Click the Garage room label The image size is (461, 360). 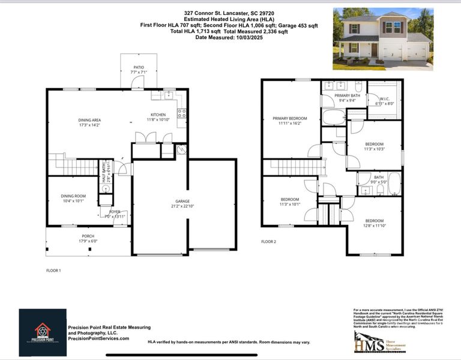(182, 202)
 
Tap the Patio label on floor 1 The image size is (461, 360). (139, 68)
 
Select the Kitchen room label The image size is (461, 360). (158, 115)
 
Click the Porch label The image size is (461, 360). (88, 236)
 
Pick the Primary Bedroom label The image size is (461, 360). (289, 119)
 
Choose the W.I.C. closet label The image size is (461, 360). (384, 98)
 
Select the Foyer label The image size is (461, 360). (114, 212)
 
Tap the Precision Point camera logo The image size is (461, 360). (42, 331)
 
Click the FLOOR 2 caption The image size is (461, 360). (268, 242)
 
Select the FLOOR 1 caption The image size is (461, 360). (53, 271)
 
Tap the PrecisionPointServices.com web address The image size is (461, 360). (98, 338)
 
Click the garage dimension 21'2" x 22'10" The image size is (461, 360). (182, 207)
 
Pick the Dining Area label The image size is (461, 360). (89, 120)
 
